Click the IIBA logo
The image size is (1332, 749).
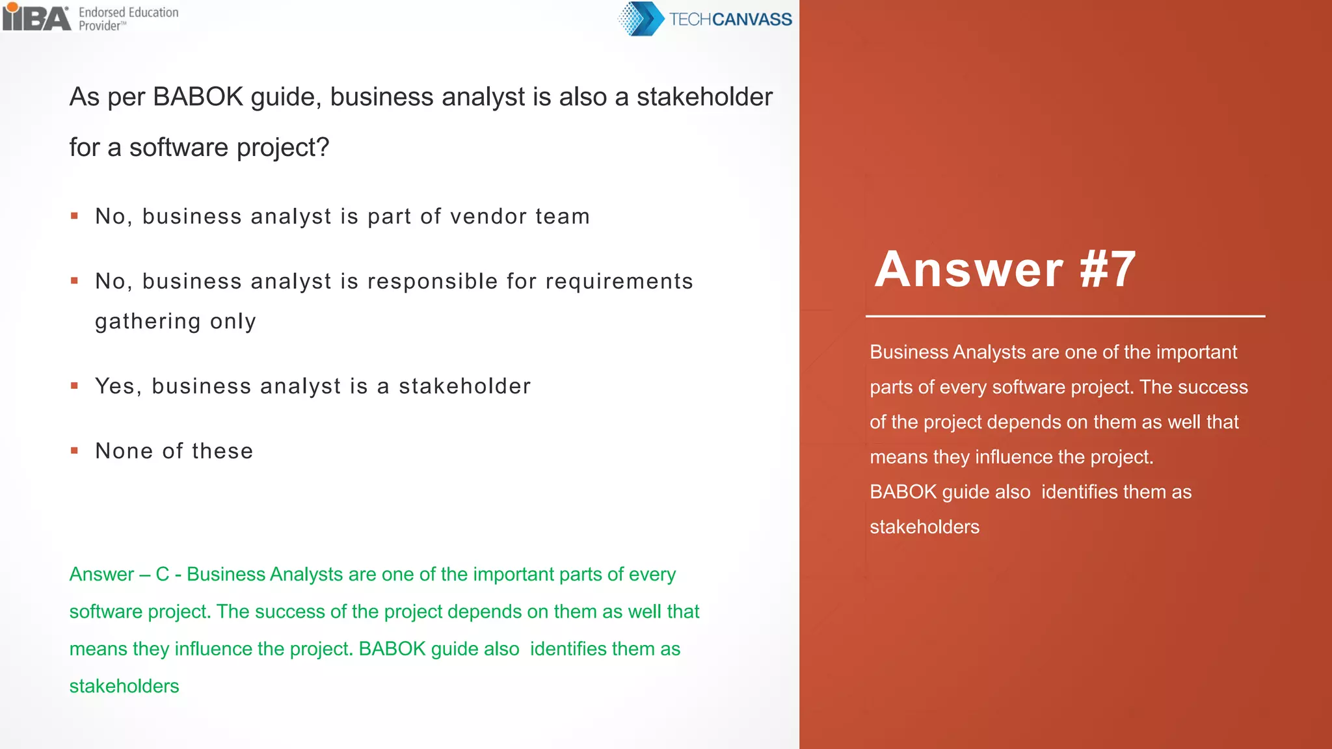(36, 17)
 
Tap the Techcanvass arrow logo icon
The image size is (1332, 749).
(640, 19)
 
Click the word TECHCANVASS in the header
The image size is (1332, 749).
(730, 20)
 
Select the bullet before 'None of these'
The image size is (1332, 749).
(75, 451)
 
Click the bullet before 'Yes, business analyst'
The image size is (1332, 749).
(75, 386)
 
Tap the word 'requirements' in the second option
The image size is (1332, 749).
(619, 282)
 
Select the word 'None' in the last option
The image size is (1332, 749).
(124, 451)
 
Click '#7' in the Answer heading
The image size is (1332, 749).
(1108, 269)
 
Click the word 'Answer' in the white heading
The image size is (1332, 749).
(969, 269)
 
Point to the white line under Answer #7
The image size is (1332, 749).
(1065, 317)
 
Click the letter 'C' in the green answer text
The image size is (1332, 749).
(162, 575)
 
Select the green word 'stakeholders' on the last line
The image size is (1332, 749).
(124, 686)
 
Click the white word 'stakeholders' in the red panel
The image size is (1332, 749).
(924, 527)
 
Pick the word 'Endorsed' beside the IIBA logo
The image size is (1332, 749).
(101, 12)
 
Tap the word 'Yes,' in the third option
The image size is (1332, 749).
(118, 386)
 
